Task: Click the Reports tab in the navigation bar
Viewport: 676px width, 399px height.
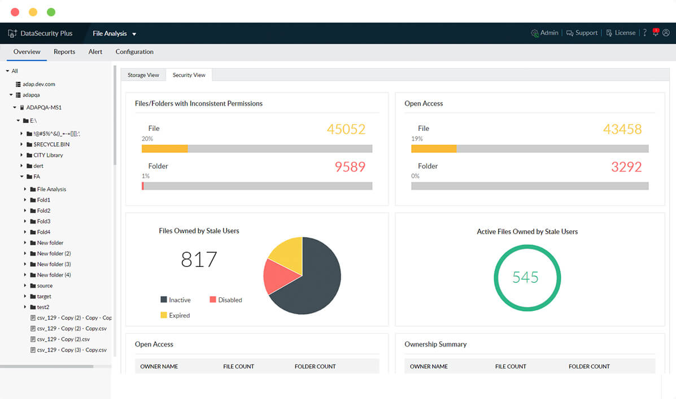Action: tap(64, 52)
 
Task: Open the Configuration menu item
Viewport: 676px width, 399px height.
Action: tap(134, 52)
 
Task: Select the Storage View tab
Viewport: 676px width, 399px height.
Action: tap(143, 75)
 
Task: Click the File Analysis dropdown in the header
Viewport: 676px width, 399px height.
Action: tap(115, 34)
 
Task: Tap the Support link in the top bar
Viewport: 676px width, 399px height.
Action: tap(582, 33)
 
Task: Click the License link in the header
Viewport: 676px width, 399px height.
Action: tap(621, 33)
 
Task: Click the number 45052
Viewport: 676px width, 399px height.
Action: tap(346, 129)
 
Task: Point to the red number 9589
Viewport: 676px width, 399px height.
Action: tap(350, 167)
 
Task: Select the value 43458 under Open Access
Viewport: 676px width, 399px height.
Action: tap(622, 129)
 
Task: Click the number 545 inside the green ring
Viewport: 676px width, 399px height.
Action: tap(525, 278)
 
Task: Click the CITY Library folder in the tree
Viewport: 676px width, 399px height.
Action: tap(48, 155)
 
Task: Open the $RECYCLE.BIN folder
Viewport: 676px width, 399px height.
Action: tap(51, 144)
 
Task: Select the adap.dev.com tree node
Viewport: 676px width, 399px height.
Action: tap(38, 84)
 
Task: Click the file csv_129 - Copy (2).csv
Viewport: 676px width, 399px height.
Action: tap(63, 339)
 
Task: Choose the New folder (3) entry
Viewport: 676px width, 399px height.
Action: tap(54, 264)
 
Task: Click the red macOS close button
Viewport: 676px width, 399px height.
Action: tap(15, 12)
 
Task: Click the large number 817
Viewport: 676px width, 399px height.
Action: tap(199, 260)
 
